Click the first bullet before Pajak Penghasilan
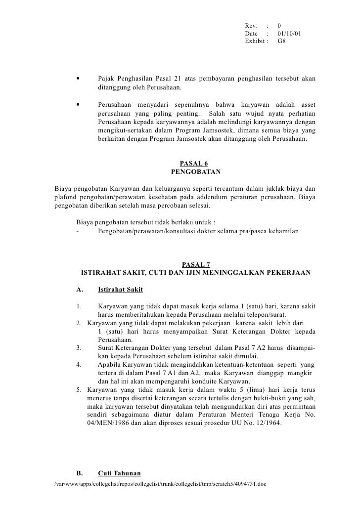78,79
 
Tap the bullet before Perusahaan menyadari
78,105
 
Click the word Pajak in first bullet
107,79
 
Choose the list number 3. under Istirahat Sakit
79,348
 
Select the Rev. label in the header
251,25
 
